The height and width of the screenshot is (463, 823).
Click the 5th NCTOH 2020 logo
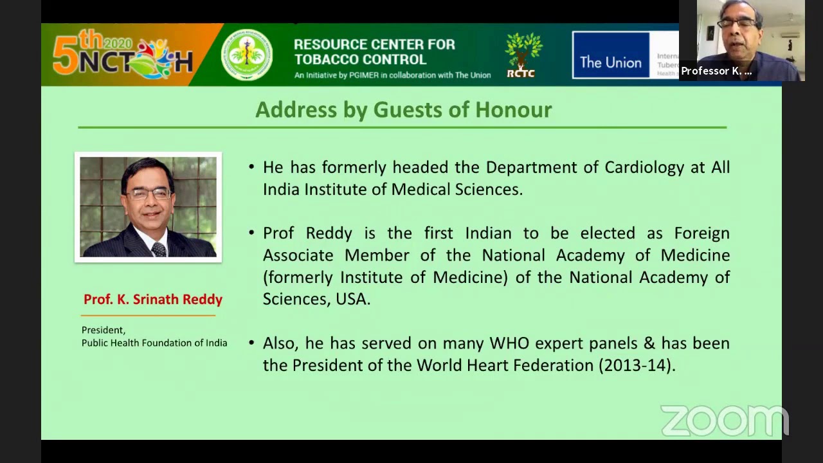[x=122, y=55]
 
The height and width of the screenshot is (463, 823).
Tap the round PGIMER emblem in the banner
[x=247, y=55]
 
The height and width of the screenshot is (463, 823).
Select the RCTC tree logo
[x=523, y=55]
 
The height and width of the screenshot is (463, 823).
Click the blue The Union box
[x=610, y=56]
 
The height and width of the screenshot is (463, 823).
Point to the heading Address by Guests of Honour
[x=403, y=109]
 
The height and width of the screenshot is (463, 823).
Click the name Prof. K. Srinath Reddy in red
[x=152, y=300]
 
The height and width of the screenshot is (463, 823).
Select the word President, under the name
[x=103, y=330]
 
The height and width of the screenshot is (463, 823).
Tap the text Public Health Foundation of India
[x=154, y=343]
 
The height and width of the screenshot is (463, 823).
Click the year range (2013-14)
[x=637, y=365]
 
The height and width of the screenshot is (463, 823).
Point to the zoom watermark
[x=724, y=421]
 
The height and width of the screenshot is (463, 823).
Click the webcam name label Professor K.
[x=716, y=71]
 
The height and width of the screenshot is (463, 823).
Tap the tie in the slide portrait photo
[x=158, y=248]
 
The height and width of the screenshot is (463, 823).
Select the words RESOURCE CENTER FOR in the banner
[x=374, y=44]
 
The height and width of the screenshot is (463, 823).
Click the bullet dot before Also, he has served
[x=251, y=343]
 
